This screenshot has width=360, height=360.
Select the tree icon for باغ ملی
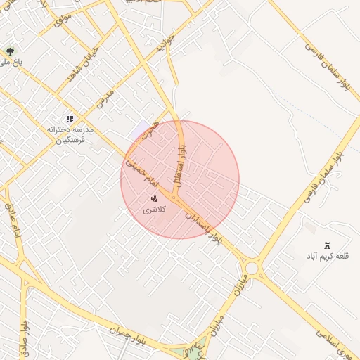click(x=10, y=51)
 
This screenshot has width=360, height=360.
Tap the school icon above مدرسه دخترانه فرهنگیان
click(x=69, y=120)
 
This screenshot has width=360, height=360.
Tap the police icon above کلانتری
click(x=154, y=199)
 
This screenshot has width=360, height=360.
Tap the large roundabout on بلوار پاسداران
click(x=251, y=268)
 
